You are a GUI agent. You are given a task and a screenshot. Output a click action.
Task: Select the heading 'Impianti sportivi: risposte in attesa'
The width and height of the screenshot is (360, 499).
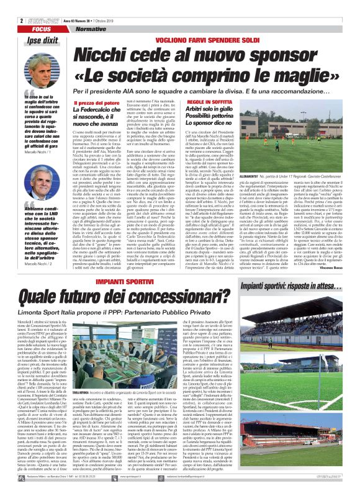click(309, 286)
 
